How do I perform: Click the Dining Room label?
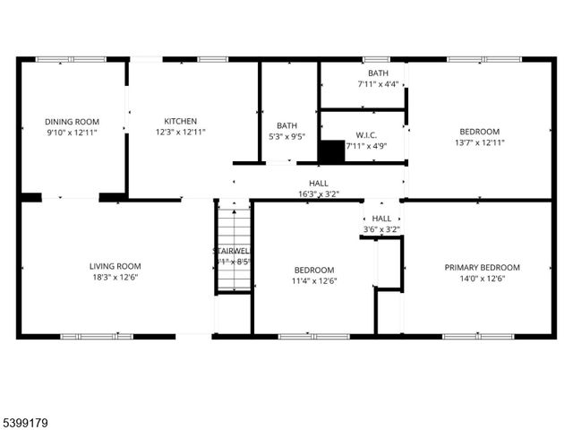pyautogui.click(x=73, y=122)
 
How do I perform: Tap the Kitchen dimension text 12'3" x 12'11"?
pyautogui.click(x=180, y=133)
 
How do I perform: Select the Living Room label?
pyautogui.click(x=115, y=266)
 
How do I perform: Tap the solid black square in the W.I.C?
pyautogui.click(x=331, y=151)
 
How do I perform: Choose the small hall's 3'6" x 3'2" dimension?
pyautogui.click(x=381, y=229)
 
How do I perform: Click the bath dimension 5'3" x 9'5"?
pyautogui.click(x=286, y=137)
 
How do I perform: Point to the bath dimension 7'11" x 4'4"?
pyautogui.click(x=377, y=84)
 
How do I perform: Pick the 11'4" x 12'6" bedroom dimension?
pyautogui.click(x=314, y=281)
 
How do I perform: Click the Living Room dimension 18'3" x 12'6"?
pyautogui.click(x=115, y=277)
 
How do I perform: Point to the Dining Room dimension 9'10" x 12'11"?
pyautogui.click(x=73, y=133)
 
